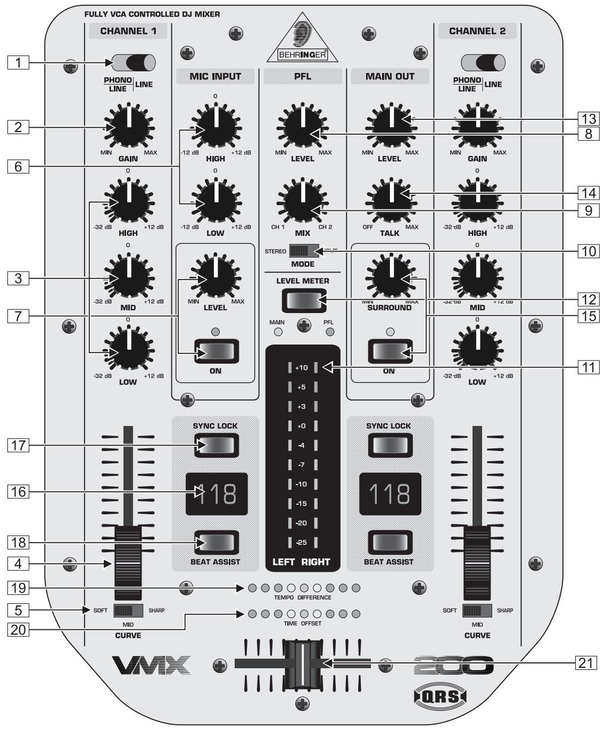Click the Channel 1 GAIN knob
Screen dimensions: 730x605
[128, 127]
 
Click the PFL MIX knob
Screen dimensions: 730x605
[303, 202]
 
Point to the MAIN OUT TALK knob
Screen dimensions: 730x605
[391, 202]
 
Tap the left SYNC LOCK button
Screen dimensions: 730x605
[215, 445]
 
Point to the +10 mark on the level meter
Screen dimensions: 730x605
[302, 367]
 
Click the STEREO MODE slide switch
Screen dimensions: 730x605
[304, 251]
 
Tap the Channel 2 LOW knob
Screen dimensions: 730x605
[477, 351]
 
